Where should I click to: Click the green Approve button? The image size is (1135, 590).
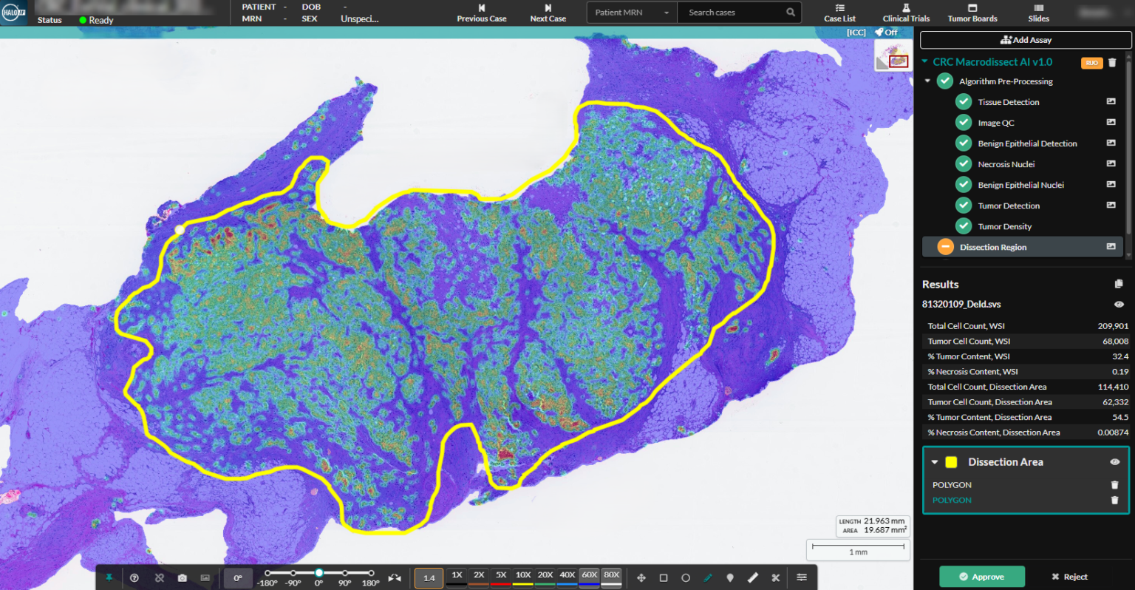[981, 577]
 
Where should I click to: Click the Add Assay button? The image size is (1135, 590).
[1026, 40]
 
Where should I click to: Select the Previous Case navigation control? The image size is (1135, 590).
[481, 13]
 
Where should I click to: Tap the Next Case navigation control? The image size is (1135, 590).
[548, 13]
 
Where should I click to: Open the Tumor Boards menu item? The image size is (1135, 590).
[972, 13]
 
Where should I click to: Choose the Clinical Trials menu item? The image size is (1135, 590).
[906, 13]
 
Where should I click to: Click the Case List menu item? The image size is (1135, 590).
[839, 13]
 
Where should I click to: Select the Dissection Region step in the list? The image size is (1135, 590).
[992, 247]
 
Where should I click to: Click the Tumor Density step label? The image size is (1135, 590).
[1004, 226]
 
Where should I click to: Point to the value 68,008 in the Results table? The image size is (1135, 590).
[1115, 342]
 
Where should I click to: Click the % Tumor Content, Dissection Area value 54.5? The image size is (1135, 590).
[1119, 418]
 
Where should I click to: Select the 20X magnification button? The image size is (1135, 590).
[545, 575]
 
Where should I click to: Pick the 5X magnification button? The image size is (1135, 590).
[501, 575]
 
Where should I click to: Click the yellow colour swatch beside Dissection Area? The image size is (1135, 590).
[951, 462]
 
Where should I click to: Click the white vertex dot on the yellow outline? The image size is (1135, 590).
[180, 231]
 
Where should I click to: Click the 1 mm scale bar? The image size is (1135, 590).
[858, 548]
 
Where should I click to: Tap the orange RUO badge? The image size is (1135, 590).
[1091, 63]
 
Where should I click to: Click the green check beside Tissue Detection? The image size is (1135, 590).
[964, 102]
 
